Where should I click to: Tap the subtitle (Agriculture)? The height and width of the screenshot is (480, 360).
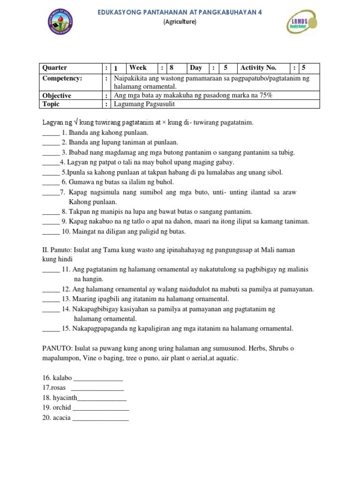coord(180,22)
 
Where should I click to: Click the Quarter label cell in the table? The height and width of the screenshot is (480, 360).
coord(55,68)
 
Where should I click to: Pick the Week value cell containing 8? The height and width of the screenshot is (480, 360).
coord(172,68)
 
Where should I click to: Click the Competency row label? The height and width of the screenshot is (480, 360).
coord(62,78)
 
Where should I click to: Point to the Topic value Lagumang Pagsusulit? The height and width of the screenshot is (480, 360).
coord(143,104)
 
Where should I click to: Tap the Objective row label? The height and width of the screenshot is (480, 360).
coord(57,96)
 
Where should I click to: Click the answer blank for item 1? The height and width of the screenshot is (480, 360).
coord(51,133)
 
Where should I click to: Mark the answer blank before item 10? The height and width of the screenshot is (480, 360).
coord(51,232)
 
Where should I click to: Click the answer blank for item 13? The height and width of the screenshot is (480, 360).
coord(51,299)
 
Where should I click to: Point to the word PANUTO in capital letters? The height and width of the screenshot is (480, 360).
coord(56,348)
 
